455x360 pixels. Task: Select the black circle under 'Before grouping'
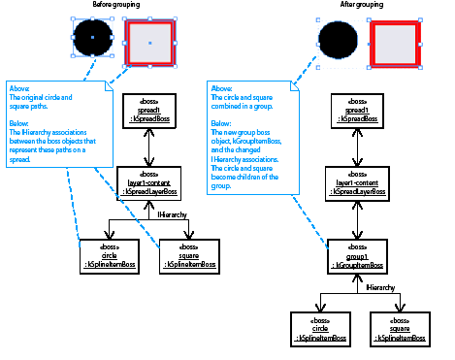(92, 38)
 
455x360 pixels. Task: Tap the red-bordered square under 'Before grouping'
(149, 38)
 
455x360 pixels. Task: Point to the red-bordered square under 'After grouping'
(396, 40)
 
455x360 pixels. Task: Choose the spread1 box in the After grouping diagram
(356, 113)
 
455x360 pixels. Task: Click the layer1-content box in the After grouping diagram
(356, 181)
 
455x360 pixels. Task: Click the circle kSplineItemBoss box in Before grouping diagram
(109, 256)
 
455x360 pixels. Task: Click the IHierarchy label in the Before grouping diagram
(173, 213)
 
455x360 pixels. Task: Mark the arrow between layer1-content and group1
(356, 217)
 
